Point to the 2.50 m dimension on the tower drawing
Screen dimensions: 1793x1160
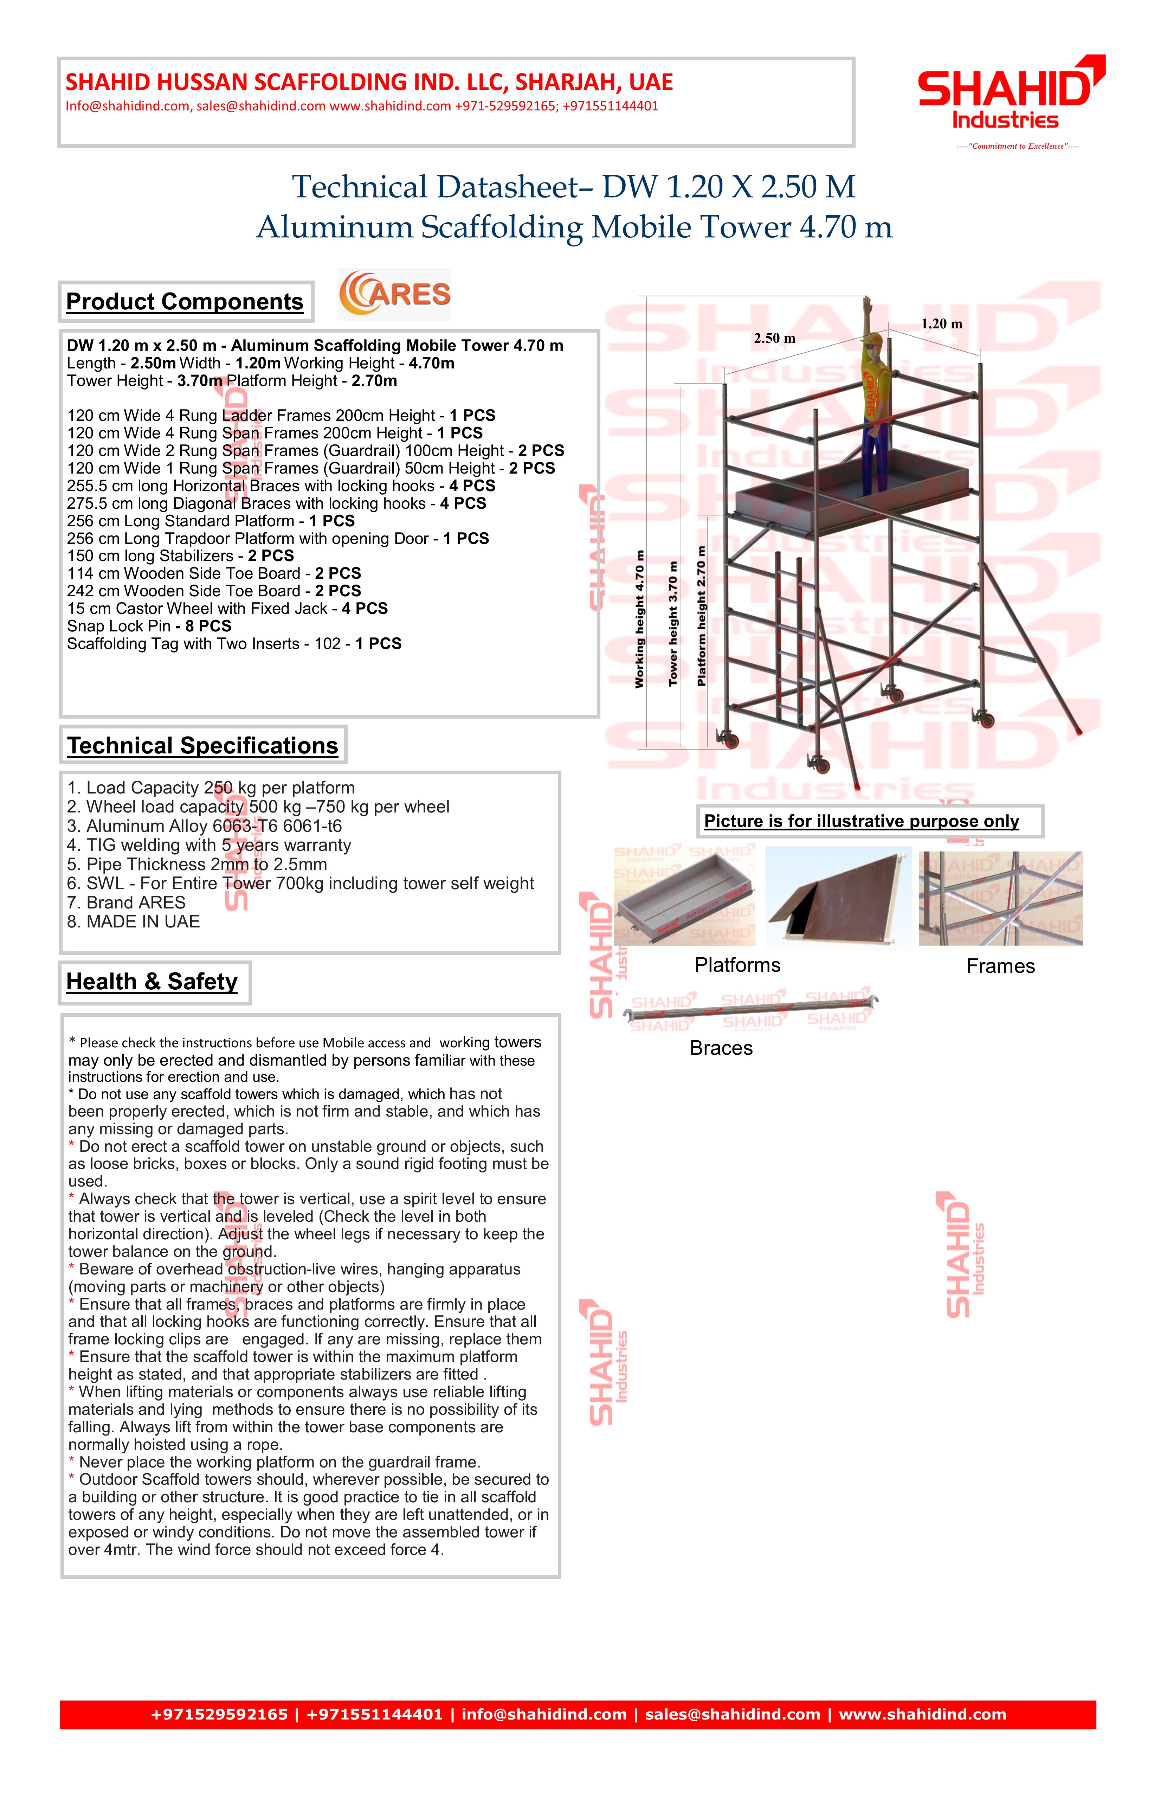[774, 338]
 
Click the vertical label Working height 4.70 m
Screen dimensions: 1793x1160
[639, 619]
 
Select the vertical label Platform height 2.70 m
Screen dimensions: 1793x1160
[701, 616]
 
